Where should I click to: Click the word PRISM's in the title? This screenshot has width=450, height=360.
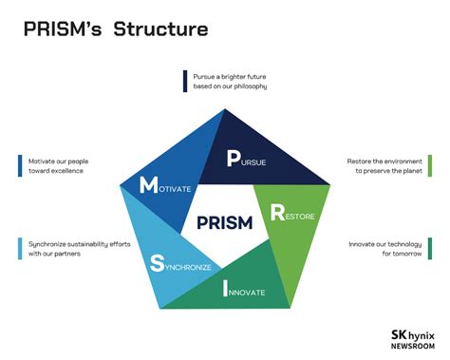pos(63,29)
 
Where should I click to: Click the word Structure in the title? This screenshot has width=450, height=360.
pos(160,29)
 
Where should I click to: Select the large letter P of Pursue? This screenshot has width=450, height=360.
pos(234,158)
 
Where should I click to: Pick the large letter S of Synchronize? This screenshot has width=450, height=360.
pos(157,262)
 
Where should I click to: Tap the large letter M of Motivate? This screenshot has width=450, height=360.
pos(148,185)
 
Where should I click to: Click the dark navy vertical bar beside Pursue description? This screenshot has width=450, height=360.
pos(185,81)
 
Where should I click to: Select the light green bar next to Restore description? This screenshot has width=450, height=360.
pos(429,164)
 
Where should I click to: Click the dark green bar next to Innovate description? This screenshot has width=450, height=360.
pos(429,249)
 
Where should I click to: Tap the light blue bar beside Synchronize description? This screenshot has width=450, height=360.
pos(20,248)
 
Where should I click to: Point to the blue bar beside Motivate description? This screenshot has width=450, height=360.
pos(20,165)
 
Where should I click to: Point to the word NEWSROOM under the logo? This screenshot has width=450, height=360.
pos(412,347)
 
